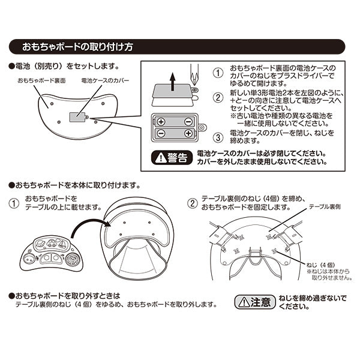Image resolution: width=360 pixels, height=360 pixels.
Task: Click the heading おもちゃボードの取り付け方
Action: pyautogui.click(x=77, y=46)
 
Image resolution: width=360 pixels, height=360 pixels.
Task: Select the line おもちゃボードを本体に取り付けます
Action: pyautogui.click(x=75, y=184)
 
